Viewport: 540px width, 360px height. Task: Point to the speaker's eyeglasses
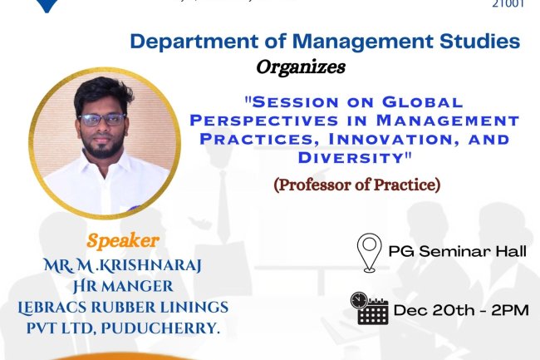(104, 119)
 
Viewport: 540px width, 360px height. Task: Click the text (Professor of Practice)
(357, 184)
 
